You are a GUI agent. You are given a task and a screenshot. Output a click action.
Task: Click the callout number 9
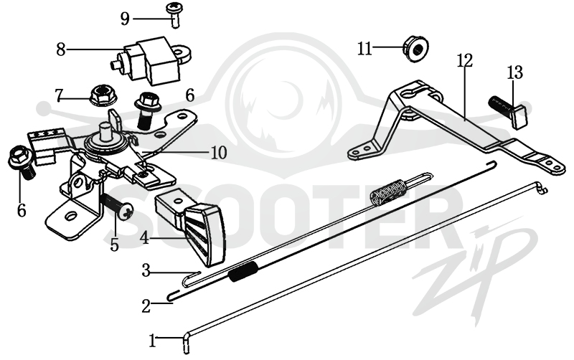125,19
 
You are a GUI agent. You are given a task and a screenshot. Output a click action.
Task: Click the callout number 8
61,49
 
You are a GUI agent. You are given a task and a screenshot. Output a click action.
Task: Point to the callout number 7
60,95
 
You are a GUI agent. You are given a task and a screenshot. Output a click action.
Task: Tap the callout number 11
364,48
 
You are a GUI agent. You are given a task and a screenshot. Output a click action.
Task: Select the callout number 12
465,60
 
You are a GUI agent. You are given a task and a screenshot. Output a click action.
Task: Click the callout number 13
514,72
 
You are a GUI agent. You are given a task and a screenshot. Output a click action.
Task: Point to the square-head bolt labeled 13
508,111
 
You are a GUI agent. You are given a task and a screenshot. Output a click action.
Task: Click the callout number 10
219,153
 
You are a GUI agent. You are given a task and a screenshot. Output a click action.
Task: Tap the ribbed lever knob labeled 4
190,228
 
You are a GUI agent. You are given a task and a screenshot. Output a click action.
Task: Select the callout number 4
145,239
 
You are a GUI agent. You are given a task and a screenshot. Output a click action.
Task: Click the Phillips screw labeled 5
117,206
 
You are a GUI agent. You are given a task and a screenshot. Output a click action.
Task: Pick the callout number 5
115,245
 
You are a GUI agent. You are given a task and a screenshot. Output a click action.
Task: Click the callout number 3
146,271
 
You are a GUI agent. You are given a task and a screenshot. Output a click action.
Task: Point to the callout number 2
146,305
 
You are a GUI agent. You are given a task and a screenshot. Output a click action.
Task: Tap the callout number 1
152,341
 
